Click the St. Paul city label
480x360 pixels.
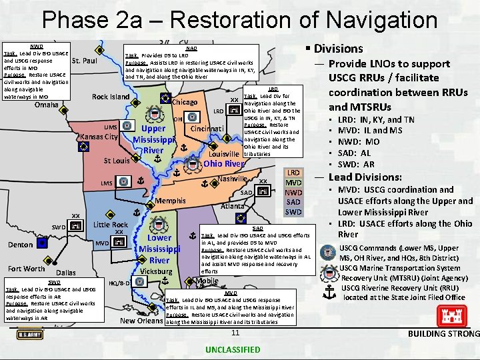pyautogui.click(x=85, y=61)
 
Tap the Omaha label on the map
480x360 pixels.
pyautogui.click(x=46, y=105)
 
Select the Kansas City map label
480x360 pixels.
pyautogui.click(x=99, y=137)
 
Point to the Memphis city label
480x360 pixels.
pyautogui.click(x=170, y=201)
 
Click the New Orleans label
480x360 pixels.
pyautogui.click(x=141, y=321)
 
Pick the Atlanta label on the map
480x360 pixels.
pyautogui.click(x=232, y=207)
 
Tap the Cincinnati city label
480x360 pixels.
pyautogui.click(x=211, y=127)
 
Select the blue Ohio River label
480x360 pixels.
pyautogui.click(x=224, y=164)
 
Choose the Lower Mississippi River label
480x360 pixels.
pyautogui.click(x=159, y=249)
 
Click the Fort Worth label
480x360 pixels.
pyautogui.click(x=27, y=269)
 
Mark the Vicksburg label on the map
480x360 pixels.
pyautogui.click(x=157, y=272)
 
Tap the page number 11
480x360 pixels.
pyautogui.click(x=235, y=333)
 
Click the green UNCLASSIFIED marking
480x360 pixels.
pyautogui.click(x=233, y=349)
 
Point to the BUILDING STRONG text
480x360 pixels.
pyautogui.click(x=443, y=334)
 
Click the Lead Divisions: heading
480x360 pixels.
pyautogui.click(x=365, y=177)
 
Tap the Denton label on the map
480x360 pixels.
pyautogui.click(x=21, y=245)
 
